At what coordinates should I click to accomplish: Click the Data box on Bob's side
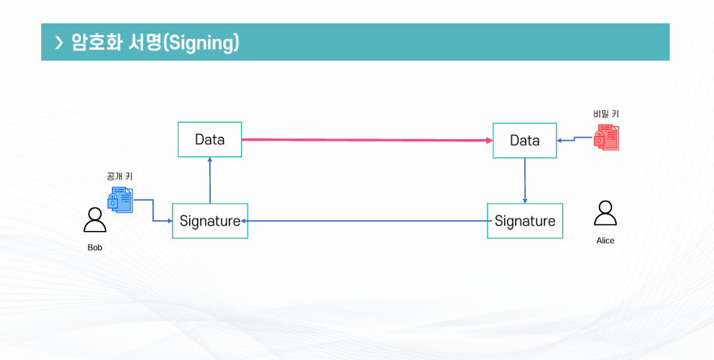209,140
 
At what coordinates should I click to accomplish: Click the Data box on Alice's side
524,141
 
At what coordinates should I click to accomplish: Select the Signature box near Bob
210,221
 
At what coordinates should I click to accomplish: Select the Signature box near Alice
524,221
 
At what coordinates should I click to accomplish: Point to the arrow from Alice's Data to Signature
525,180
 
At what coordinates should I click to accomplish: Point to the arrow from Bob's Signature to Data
210,180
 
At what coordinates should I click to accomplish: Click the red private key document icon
607,137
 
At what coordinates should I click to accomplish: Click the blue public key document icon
120,200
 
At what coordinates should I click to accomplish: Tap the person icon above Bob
95,220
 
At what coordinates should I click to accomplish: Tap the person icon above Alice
604,213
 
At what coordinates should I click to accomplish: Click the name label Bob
95,248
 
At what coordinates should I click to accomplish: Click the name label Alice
605,241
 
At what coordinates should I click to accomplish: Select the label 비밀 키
606,114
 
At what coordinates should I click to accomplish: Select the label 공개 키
120,177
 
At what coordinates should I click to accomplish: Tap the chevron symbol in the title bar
59,43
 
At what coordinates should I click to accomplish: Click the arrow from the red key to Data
576,140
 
